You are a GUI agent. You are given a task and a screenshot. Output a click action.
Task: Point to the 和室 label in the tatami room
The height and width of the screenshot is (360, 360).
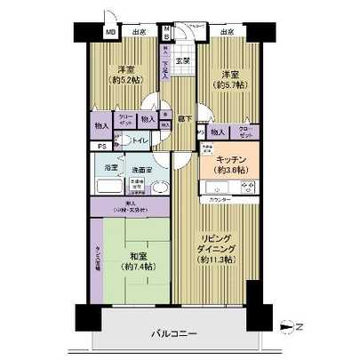132,252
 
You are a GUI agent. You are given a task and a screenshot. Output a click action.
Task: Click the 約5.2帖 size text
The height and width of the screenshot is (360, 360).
124,78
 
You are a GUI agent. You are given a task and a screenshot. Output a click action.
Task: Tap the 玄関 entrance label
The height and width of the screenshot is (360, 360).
182,60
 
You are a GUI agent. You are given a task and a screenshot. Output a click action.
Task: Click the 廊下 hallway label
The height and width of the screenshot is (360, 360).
182,115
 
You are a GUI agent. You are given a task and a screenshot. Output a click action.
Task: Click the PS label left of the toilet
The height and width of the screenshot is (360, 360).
102,146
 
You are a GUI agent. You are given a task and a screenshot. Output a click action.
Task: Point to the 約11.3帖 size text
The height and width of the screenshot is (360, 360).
215,259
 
